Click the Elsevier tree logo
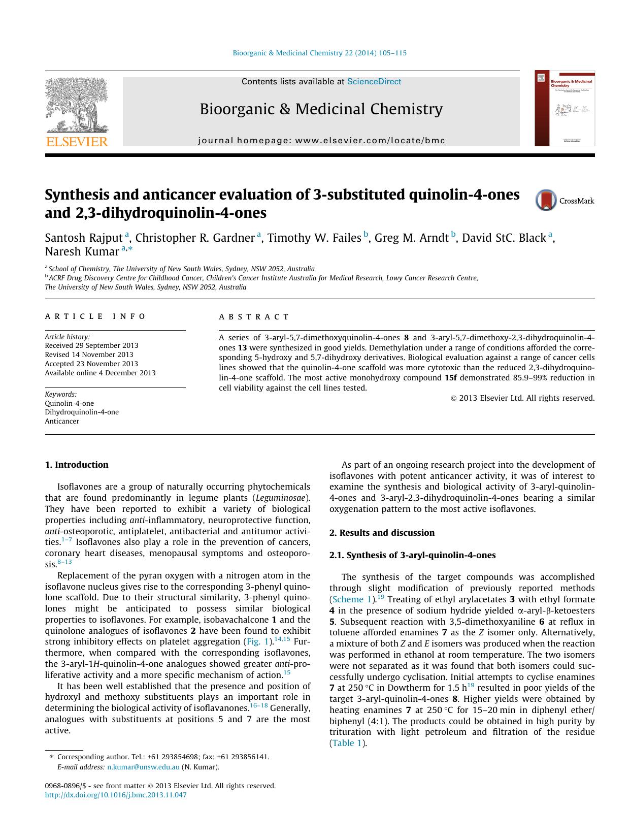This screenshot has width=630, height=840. (x=77, y=111)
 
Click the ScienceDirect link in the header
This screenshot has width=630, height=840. (x=374, y=81)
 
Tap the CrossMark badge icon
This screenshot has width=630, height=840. (x=546, y=200)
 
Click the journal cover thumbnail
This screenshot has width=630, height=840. (x=565, y=108)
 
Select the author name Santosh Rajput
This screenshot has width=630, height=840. (x=84, y=238)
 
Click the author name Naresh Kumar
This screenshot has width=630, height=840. (x=82, y=251)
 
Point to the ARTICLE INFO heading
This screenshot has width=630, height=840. (x=95, y=316)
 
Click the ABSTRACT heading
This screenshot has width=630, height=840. (x=254, y=316)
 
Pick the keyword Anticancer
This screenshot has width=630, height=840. (x=62, y=421)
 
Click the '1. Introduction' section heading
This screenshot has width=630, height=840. (x=77, y=465)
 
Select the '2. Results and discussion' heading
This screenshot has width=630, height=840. (x=382, y=533)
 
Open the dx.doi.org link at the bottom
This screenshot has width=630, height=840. (x=116, y=795)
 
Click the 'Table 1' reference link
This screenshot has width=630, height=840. (x=347, y=743)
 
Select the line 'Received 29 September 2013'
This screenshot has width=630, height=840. (x=91, y=345)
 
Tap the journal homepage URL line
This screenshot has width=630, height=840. (x=321, y=140)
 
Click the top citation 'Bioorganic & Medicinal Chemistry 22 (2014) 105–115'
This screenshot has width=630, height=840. (x=319, y=53)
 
